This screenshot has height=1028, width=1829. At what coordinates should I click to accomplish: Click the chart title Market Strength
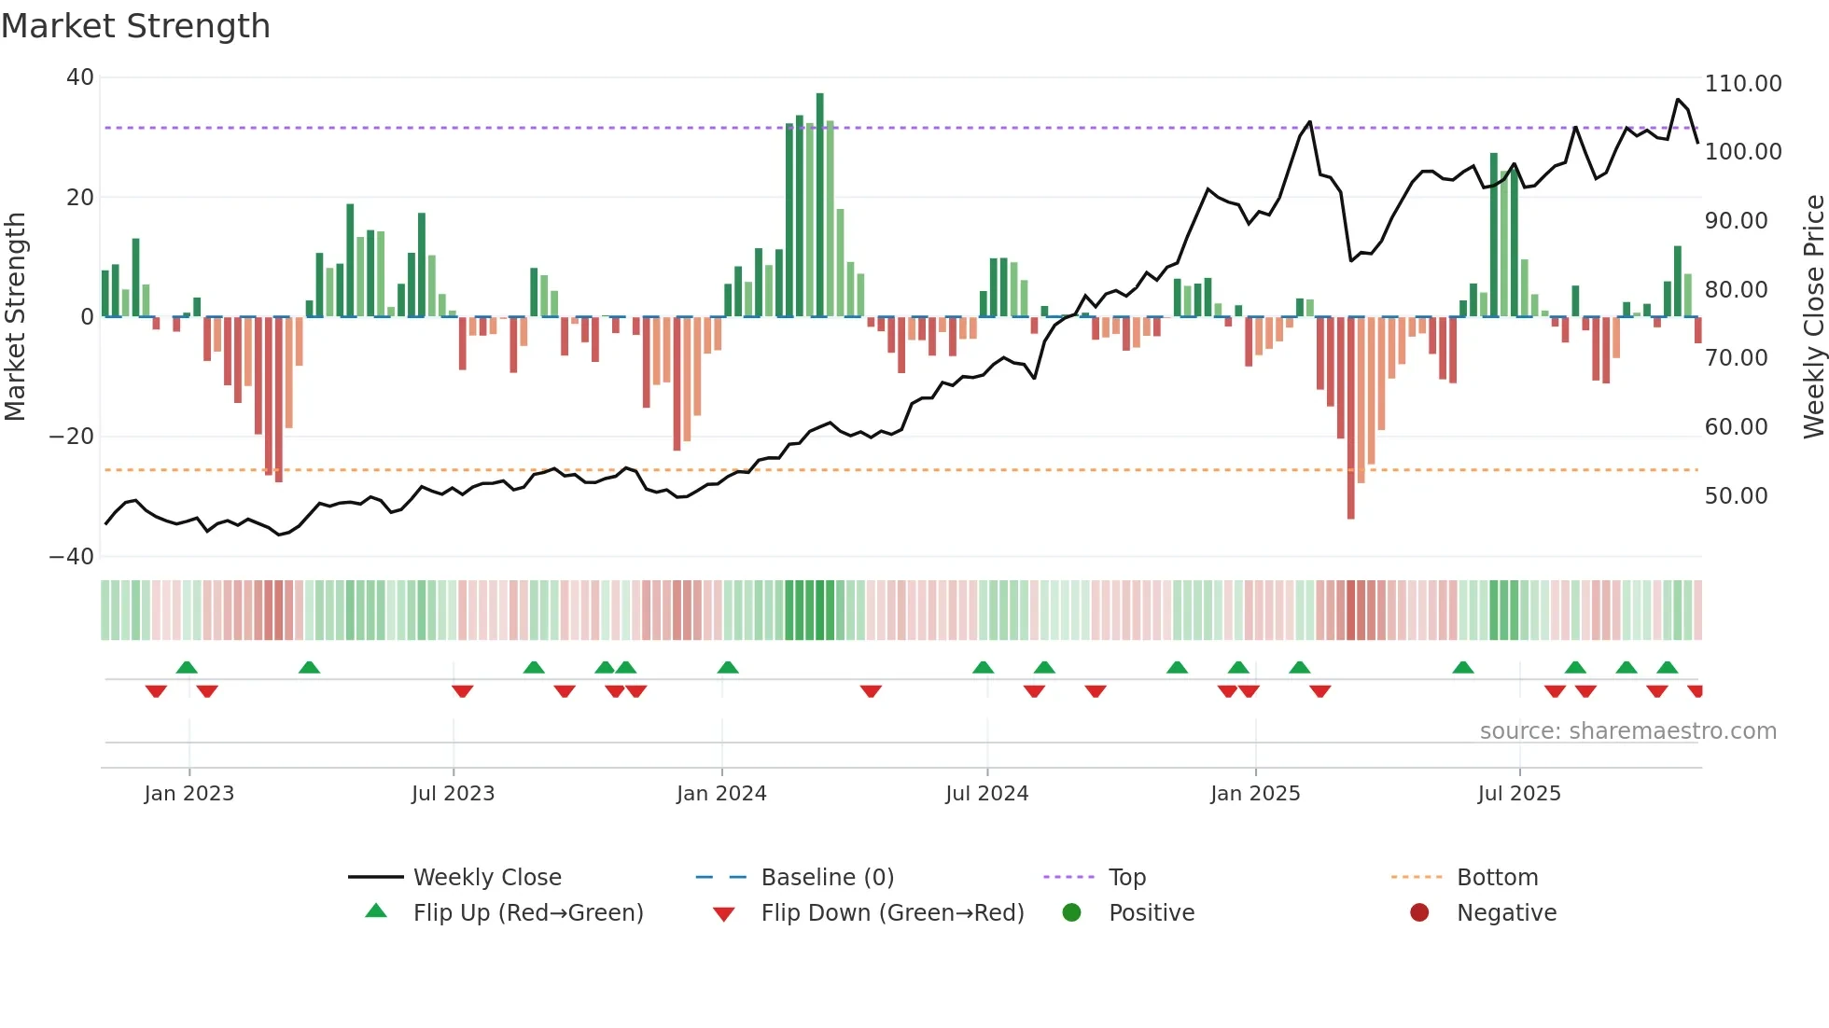coord(135,26)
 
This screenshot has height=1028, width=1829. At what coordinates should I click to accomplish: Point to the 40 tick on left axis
coord(80,77)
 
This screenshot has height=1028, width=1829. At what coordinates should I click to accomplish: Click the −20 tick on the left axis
coord(73,437)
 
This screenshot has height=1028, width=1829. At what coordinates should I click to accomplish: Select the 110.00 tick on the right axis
coord(1742,84)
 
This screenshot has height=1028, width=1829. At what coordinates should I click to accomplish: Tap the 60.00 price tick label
coord(1736,427)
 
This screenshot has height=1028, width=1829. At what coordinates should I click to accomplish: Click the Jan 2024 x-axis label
coord(721,794)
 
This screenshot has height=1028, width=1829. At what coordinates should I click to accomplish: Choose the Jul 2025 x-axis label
coord(1518,794)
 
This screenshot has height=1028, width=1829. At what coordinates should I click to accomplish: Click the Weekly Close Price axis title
coord(1813,316)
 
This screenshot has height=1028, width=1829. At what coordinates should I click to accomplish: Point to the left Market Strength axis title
coord(16,316)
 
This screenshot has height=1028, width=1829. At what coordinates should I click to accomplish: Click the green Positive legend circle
coord(1071,913)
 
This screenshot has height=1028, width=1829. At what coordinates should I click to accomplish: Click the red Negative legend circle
coord(1419,913)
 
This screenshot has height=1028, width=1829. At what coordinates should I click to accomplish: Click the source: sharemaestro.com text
coord(1627,731)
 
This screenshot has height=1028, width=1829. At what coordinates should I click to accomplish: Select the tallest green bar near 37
coord(819,205)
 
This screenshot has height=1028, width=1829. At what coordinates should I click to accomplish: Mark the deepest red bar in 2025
coord(1350,417)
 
